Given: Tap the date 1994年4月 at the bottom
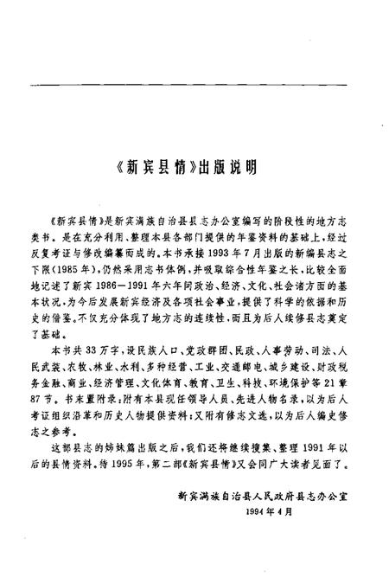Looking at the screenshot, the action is click(271, 508).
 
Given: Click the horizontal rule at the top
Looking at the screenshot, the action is click(194, 84).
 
